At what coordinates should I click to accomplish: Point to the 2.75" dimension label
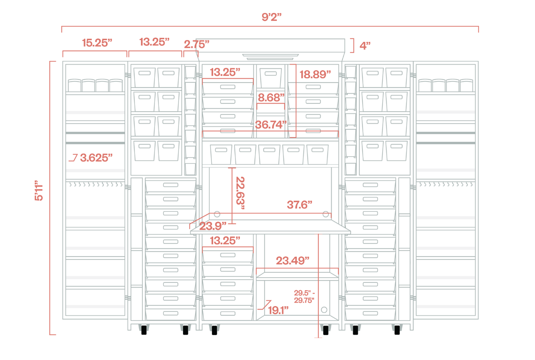click(x=196, y=44)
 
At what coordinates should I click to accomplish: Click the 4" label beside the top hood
click(x=365, y=45)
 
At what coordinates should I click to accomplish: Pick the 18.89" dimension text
click(x=315, y=74)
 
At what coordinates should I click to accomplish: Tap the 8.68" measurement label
click(x=272, y=97)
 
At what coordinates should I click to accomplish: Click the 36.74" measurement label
click(x=271, y=125)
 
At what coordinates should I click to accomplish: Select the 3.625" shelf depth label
click(x=96, y=157)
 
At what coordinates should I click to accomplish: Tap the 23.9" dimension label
click(x=213, y=226)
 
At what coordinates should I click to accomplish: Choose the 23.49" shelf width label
click(x=292, y=260)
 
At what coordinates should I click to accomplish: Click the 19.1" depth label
click(x=278, y=310)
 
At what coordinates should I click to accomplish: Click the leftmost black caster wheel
click(x=144, y=330)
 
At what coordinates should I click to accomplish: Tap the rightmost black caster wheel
click(x=396, y=330)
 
